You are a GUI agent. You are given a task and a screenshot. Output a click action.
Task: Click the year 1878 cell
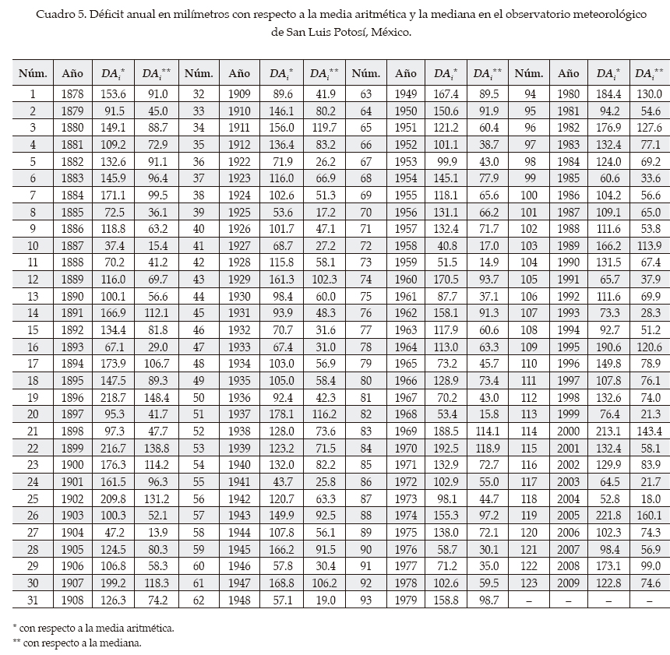[72, 94]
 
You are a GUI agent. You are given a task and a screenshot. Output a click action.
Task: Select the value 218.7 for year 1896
[114, 397]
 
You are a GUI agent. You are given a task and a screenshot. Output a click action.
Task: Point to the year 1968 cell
[405, 414]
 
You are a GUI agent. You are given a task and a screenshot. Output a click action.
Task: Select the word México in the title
[386, 33]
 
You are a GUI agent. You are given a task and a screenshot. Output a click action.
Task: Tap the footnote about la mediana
[76, 643]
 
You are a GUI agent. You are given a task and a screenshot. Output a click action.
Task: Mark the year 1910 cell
[239, 111]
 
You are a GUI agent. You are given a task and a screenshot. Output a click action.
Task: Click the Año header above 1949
[405, 73]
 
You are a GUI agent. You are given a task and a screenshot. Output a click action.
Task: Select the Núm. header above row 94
[529, 73]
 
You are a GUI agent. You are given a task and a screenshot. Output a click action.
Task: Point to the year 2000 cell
[569, 431]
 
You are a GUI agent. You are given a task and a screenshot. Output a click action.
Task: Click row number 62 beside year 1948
[199, 600]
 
